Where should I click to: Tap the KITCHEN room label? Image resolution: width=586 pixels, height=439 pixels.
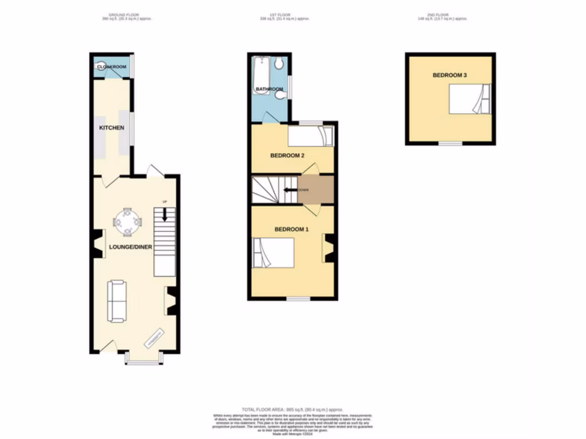(112, 127)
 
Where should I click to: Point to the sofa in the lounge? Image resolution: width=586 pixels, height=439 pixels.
(117, 301)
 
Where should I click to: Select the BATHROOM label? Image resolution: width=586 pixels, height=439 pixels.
(269, 89)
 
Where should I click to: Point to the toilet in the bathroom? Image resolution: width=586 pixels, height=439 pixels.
(279, 62)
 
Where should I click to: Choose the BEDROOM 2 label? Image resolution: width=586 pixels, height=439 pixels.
(287, 155)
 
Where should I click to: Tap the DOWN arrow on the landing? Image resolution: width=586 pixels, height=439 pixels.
(289, 190)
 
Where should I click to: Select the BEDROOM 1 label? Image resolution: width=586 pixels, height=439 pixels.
(291, 229)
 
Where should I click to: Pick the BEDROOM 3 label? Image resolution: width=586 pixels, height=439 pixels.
(449, 75)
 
